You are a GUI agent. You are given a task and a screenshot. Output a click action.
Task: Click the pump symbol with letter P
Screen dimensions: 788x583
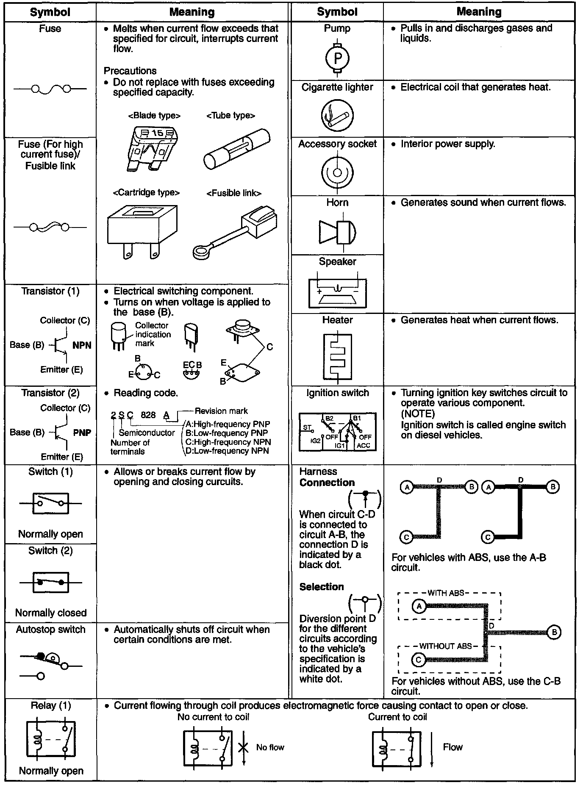click(x=337, y=58)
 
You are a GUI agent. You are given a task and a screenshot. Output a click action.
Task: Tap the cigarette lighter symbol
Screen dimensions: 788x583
click(x=337, y=115)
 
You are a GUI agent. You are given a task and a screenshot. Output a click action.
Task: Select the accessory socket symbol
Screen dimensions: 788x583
click(x=337, y=172)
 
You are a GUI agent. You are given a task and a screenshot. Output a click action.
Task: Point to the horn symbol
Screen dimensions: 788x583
click(x=337, y=232)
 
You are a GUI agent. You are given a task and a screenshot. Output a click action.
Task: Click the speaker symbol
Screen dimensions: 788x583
click(x=337, y=292)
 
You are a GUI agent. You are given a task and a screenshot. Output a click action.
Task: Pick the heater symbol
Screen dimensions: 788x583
click(x=337, y=356)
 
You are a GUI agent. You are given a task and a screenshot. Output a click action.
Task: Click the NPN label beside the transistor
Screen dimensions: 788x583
click(x=82, y=345)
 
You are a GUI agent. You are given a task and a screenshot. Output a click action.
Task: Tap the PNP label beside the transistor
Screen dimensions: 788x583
click(x=82, y=433)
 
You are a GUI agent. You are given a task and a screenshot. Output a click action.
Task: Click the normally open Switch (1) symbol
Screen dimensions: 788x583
click(x=51, y=503)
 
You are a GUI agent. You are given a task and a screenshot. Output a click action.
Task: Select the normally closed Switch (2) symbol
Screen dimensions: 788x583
click(x=51, y=583)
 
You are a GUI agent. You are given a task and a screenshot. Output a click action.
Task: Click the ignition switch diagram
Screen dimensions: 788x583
click(x=337, y=432)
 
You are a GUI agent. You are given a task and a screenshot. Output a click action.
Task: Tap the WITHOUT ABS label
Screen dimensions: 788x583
click(x=445, y=646)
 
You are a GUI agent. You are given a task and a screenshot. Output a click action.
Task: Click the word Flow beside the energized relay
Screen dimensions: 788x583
click(x=453, y=747)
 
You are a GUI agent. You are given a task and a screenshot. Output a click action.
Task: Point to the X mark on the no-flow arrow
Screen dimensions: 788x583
click(x=243, y=747)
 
